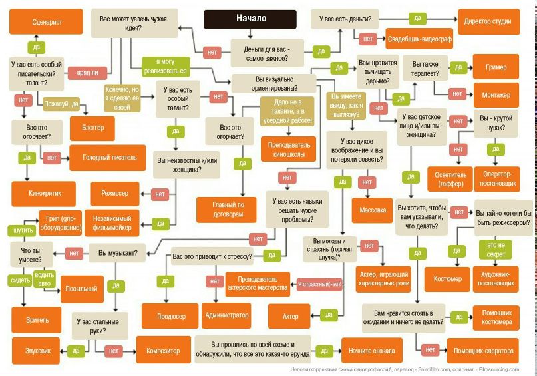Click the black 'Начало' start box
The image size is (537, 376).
pyautogui.click(x=251, y=19)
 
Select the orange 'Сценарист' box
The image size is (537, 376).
pyautogui.click(x=47, y=21)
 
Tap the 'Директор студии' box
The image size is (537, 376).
pyautogui.click(x=488, y=21)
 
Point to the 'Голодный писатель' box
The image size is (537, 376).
pyautogui.click(x=109, y=158)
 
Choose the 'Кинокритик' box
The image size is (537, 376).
pyautogui.click(x=45, y=193)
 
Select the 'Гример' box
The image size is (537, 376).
pyautogui.click(x=496, y=67)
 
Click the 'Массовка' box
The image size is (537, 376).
pyautogui.click(x=373, y=210)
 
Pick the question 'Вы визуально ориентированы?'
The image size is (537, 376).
pyautogui.click(x=271, y=83)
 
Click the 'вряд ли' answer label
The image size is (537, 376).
pyautogui.click(x=87, y=73)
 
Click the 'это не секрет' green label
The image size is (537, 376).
pyautogui.click(x=496, y=250)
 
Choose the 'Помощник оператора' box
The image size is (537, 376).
pyautogui.click(x=483, y=350)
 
